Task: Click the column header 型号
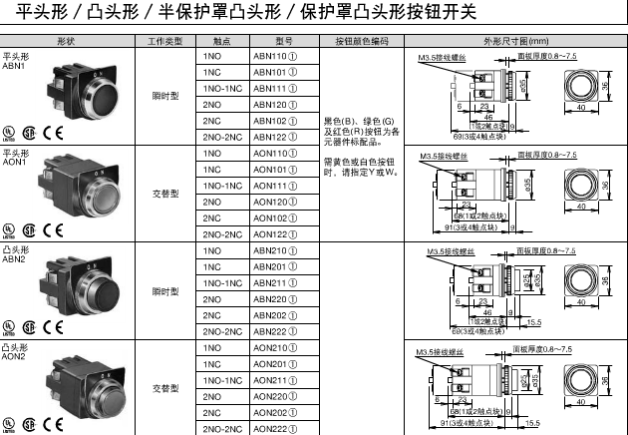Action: (281, 42)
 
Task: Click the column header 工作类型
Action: (164, 42)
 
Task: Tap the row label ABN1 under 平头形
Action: (14, 66)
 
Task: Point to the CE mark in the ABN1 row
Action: (54, 133)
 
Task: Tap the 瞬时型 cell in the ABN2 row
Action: (164, 291)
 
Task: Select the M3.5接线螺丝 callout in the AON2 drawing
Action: (435, 352)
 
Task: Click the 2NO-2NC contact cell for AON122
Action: (220, 234)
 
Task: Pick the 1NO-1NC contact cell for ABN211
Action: (220, 282)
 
